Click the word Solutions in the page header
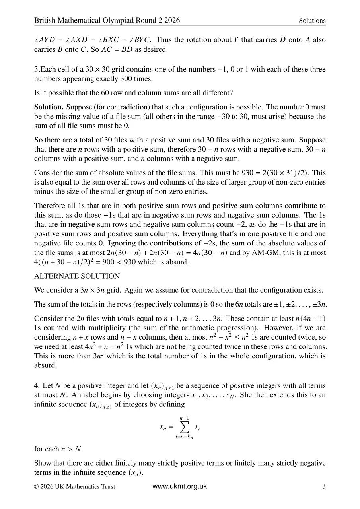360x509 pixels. click(x=312, y=21)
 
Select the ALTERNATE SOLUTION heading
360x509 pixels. click(x=77, y=276)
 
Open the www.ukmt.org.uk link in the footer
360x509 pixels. click(x=180, y=486)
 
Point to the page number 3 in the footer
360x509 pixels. click(x=324, y=486)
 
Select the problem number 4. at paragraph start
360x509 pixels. click(x=37, y=386)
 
